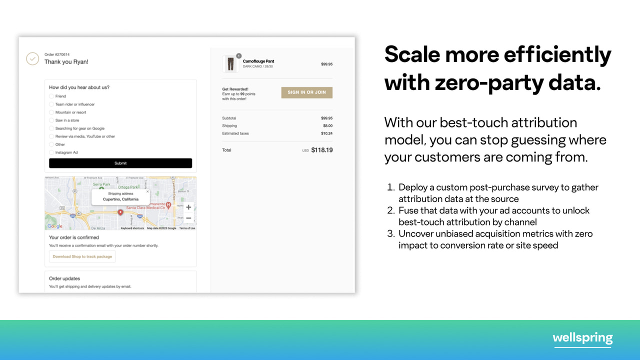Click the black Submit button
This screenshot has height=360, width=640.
[x=120, y=163]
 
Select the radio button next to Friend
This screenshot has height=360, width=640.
[x=51, y=96]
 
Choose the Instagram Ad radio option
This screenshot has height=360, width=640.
[x=51, y=152]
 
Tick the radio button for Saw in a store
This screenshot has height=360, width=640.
[x=51, y=120]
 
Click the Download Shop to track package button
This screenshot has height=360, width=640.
[x=82, y=256]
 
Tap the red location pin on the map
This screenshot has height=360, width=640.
[x=120, y=212]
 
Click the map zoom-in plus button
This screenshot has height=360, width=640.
[x=188, y=207]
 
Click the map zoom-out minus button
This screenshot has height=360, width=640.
[x=188, y=218]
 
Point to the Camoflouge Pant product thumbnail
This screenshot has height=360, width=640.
[x=230, y=64]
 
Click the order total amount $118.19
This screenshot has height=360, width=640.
[x=321, y=150]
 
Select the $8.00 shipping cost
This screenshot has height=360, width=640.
[x=327, y=126]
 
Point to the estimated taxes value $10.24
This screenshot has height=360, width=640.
[x=326, y=133]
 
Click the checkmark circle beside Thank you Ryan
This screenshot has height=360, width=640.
[x=32, y=59]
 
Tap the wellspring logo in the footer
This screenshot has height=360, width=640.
[x=582, y=338]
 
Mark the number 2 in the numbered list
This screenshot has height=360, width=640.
[x=391, y=210]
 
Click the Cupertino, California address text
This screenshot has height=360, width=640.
[x=120, y=199]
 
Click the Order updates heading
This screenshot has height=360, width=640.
[x=64, y=278]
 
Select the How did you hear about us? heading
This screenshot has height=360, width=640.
[x=79, y=87]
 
